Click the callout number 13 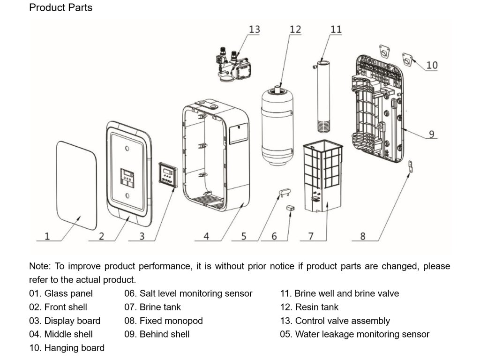(x=255, y=30)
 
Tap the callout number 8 (x=363, y=236)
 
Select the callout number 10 (x=432, y=65)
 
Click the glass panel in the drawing (x=76, y=186)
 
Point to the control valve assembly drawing (x=233, y=64)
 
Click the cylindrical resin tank (x=277, y=126)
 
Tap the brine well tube (x=323, y=96)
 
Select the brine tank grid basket (x=323, y=176)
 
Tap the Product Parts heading (x=60, y=7)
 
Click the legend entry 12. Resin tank (x=309, y=307)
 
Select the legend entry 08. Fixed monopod (x=164, y=321)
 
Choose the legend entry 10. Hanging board (x=67, y=348)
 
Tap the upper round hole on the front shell (x=127, y=149)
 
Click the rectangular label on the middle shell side (x=239, y=134)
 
